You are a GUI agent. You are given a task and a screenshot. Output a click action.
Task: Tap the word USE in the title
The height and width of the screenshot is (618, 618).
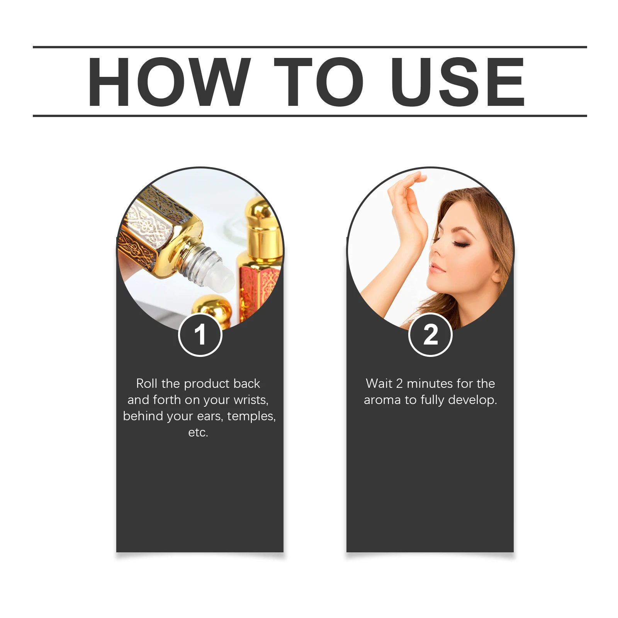coord(458,82)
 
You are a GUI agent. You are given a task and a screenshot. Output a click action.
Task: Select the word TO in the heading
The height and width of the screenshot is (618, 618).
coord(319,82)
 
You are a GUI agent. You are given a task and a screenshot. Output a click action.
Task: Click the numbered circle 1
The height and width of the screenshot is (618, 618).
coord(200,334)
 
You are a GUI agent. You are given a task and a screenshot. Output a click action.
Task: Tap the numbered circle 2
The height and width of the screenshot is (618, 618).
coord(430,334)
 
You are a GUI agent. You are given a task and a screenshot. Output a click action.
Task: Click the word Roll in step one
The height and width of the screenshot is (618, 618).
coord(147,384)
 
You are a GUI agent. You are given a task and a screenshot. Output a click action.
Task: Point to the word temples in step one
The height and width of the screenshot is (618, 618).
coord(251,416)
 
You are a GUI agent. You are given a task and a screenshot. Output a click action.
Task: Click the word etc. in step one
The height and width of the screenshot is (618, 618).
coord(198,433)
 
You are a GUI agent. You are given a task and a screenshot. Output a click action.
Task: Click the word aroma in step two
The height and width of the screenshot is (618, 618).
coord(382,400)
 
